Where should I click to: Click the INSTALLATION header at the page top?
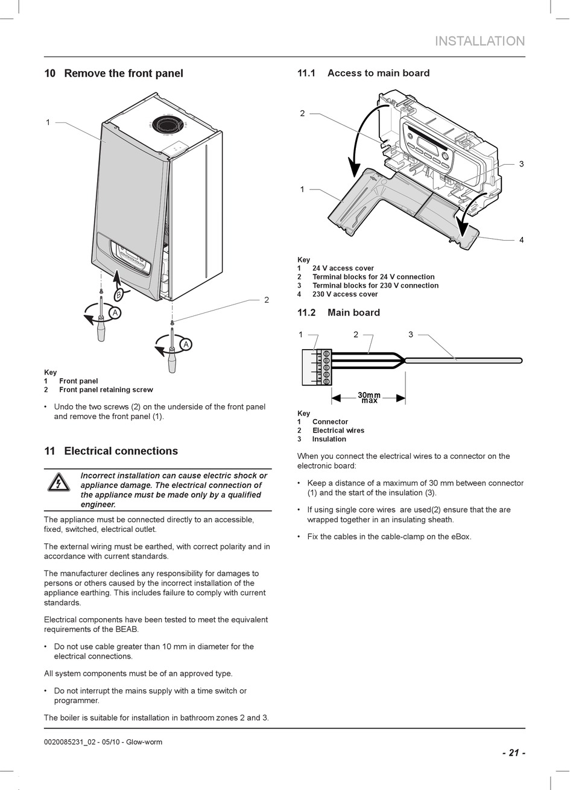(480, 41)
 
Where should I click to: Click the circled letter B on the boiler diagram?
(119, 294)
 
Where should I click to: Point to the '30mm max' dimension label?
(369, 398)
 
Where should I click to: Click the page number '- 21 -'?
(513, 753)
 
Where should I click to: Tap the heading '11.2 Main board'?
(338, 312)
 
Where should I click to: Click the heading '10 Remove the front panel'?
(113, 74)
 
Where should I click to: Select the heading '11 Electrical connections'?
(111, 451)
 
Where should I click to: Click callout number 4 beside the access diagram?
(521, 240)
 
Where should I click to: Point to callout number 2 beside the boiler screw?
(266, 300)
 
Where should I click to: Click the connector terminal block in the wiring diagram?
(317, 367)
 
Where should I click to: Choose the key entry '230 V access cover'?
(344, 294)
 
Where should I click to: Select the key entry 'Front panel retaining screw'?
(106, 390)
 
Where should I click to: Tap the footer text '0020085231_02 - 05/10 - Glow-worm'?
(103, 742)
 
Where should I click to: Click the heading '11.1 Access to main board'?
(363, 74)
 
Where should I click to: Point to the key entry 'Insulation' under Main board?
(329, 439)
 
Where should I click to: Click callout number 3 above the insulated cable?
(411, 335)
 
